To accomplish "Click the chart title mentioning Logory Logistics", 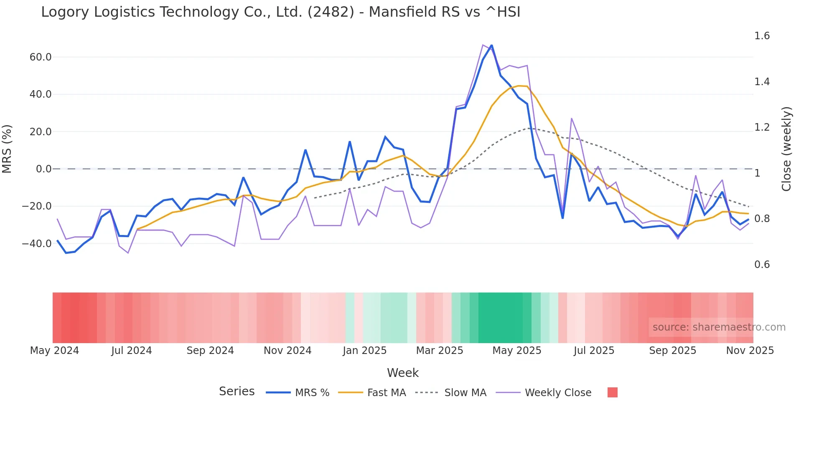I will (x=280, y=12).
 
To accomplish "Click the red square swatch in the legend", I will (x=612, y=392).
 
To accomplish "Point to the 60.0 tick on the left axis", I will (x=41, y=57).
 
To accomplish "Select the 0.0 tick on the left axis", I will (x=43, y=169).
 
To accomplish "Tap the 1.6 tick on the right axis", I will (x=762, y=36).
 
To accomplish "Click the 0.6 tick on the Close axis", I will (x=762, y=265).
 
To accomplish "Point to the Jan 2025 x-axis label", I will (x=364, y=351).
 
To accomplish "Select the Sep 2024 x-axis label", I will (x=210, y=351).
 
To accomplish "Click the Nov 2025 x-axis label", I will (x=750, y=351).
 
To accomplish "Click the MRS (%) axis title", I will (x=7, y=149).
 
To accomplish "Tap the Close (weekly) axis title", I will (x=786, y=149).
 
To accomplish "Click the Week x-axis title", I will (x=402, y=373).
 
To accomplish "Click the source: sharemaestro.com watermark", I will (x=719, y=327).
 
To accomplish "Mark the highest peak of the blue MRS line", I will (x=491, y=45).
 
